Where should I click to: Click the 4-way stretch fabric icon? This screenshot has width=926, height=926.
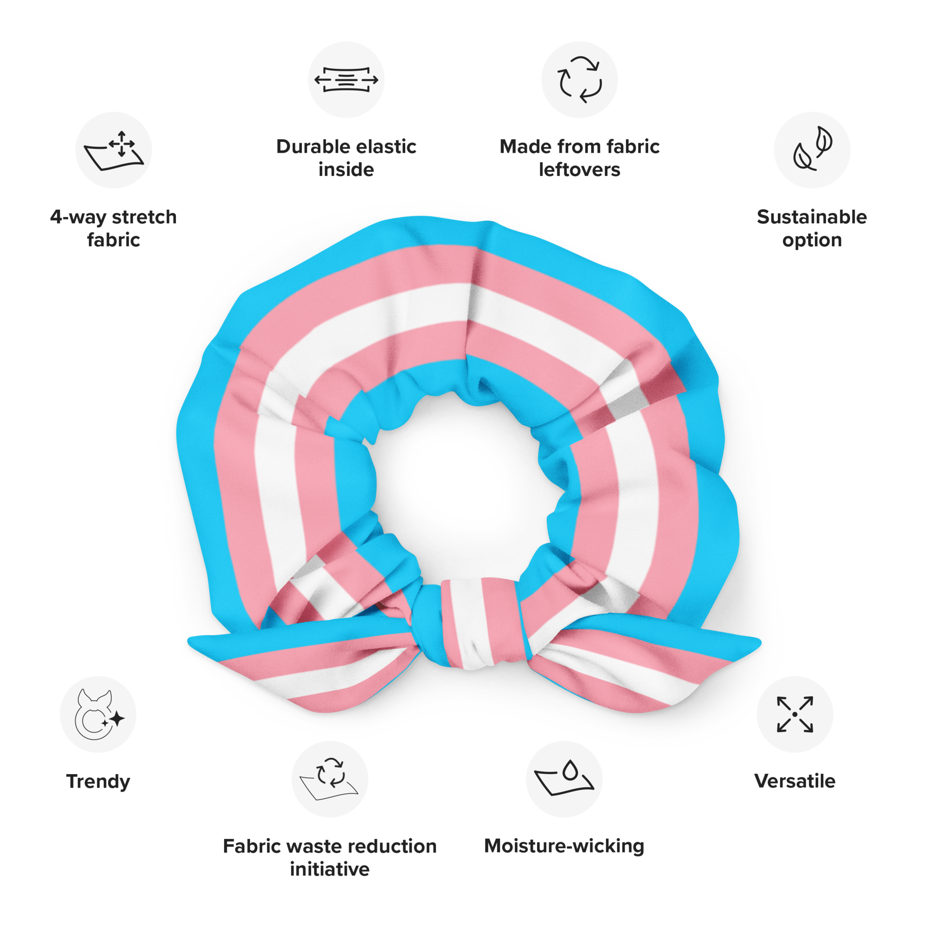click(113, 150)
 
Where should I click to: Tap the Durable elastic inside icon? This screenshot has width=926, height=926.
click(346, 80)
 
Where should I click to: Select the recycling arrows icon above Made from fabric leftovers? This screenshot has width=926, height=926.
click(580, 80)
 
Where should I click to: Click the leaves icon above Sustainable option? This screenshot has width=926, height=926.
click(813, 149)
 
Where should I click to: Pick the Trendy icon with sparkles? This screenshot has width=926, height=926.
click(99, 714)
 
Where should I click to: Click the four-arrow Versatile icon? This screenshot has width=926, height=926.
click(795, 714)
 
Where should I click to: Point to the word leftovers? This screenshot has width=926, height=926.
click(580, 169)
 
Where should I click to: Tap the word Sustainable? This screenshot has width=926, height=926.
click(812, 217)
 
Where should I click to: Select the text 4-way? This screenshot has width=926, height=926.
click(78, 218)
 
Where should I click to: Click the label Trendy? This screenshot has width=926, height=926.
click(98, 782)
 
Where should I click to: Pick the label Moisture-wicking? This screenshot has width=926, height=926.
click(564, 846)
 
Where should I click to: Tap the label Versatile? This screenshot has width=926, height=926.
click(795, 781)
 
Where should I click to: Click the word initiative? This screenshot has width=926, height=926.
click(330, 869)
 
